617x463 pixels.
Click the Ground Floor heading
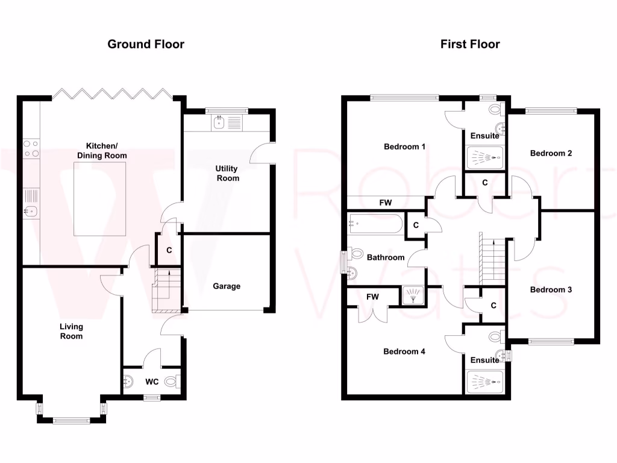point(146,44)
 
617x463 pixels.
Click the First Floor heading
point(470,44)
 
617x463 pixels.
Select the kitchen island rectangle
point(100,200)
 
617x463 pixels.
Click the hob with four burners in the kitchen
point(31,149)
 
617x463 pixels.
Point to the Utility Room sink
point(219,124)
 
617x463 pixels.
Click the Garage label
point(227,286)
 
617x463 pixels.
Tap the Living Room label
point(71,331)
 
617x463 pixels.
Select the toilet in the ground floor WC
point(172,381)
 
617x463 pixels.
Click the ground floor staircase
point(166,289)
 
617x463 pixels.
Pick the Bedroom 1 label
point(405,146)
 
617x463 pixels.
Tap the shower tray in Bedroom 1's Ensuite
point(485,157)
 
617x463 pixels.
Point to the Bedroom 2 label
point(551,153)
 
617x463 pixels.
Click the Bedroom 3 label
point(551,289)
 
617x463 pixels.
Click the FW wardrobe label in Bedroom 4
point(372,297)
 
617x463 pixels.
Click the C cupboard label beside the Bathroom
point(416,225)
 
